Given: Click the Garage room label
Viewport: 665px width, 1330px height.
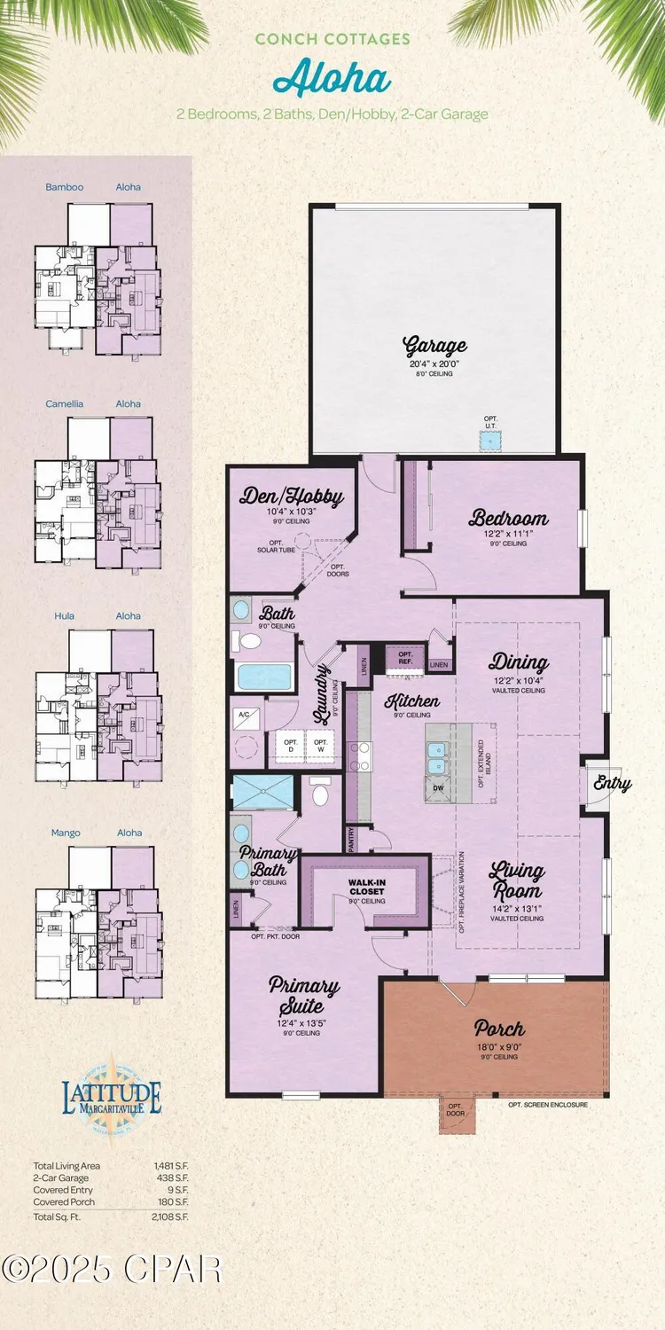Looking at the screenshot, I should tap(434, 344).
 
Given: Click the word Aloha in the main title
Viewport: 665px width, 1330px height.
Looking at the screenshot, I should tap(332, 80).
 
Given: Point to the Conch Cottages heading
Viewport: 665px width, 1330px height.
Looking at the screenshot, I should tap(332, 39).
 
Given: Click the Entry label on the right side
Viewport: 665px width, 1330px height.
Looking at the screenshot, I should tap(612, 783).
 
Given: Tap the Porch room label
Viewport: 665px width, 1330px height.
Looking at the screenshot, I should tap(499, 1029).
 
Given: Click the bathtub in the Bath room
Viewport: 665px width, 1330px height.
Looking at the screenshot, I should tap(265, 677).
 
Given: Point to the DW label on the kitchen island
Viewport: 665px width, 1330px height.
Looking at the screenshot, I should tap(438, 787).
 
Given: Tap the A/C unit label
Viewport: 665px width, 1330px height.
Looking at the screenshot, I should tap(245, 715).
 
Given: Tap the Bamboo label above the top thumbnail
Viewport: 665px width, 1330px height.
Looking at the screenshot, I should tap(64, 187).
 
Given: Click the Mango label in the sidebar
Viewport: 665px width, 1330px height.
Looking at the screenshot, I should tap(65, 833).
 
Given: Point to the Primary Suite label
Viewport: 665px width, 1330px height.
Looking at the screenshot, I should tap(304, 995).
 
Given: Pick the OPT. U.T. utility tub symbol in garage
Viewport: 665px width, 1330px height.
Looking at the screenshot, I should tap(486, 439).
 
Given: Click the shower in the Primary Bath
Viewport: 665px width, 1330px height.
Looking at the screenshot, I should tap(262, 789).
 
